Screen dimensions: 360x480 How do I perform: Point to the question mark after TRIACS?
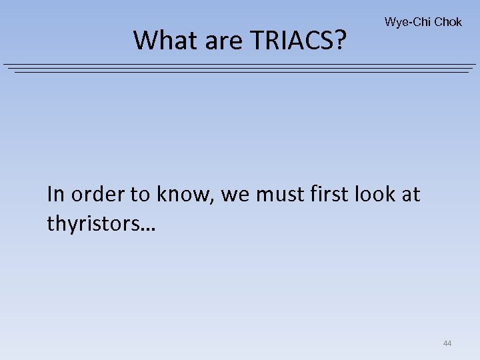point(341,41)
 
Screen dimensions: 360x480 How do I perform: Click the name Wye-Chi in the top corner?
point(407,22)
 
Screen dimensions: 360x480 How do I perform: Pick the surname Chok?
point(447,22)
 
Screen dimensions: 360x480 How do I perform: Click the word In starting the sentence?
point(56,194)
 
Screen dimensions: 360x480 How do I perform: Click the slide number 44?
point(447,343)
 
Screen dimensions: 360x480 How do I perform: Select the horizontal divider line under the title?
point(240,68)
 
